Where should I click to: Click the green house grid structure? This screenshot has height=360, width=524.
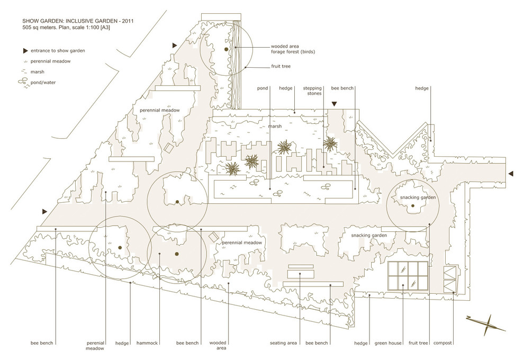[x=408, y=276]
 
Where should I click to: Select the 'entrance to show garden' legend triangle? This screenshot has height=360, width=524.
[x=25, y=51]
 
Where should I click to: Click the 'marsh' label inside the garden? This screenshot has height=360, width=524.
[x=275, y=127]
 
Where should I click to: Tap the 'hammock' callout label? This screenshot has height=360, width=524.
[x=147, y=343]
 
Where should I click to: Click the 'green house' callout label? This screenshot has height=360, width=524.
[x=388, y=343]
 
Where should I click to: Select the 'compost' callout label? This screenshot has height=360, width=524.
[x=442, y=343]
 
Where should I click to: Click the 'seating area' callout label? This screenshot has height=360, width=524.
[x=283, y=343]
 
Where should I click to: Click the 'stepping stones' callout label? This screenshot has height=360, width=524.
[x=312, y=91]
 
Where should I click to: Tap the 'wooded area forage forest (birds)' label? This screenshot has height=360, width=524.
[x=293, y=49]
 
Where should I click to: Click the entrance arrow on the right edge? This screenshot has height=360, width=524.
[x=511, y=174]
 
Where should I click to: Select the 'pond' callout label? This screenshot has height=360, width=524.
[x=263, y=88]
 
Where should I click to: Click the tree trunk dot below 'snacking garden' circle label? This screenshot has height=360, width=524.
[x=413, y=205]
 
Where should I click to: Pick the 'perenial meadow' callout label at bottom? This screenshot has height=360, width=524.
[x=95, y=346]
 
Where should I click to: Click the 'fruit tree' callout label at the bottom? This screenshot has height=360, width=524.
[x=418, y=343]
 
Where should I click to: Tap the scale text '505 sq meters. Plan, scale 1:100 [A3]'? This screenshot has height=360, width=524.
[x=66, y=28]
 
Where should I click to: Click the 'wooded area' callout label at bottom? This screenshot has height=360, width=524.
[x=218, y=345]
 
